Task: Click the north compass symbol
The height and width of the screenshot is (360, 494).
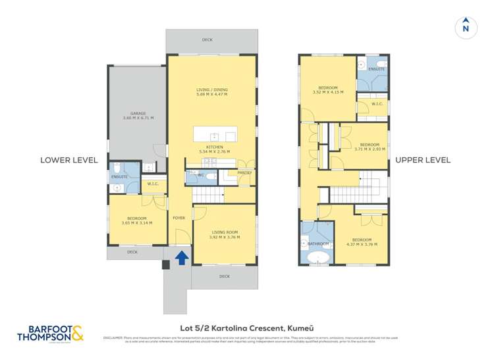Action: (466, 26)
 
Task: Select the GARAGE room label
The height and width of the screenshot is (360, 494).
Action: (138, 116)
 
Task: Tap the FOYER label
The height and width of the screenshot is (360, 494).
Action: (178, 217)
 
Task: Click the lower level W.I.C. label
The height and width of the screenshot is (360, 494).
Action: (153, 184)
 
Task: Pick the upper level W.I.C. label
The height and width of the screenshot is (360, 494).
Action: (377, 103)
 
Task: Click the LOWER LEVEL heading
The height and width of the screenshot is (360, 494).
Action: (69, 160)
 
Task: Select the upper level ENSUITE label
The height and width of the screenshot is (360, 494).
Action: (376, 68)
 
